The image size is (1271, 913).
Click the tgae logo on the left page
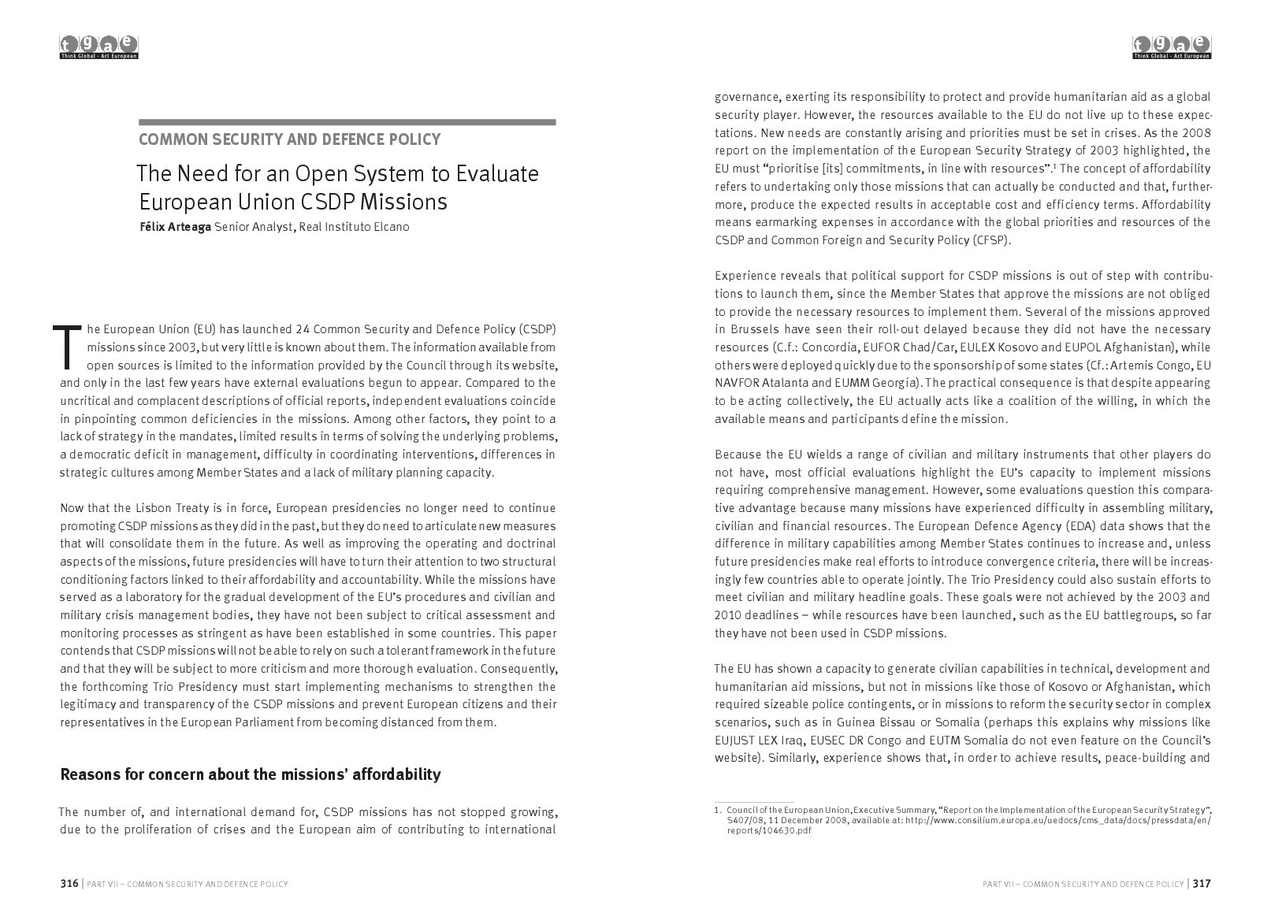pos(99,47)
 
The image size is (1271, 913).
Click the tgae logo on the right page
pos(1172,47)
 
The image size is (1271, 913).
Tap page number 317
pos(1202,883)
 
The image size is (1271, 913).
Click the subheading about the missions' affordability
pos(250,774)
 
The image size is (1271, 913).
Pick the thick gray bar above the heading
pos(347,122)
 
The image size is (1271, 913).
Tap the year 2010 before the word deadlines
pos(729,615)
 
